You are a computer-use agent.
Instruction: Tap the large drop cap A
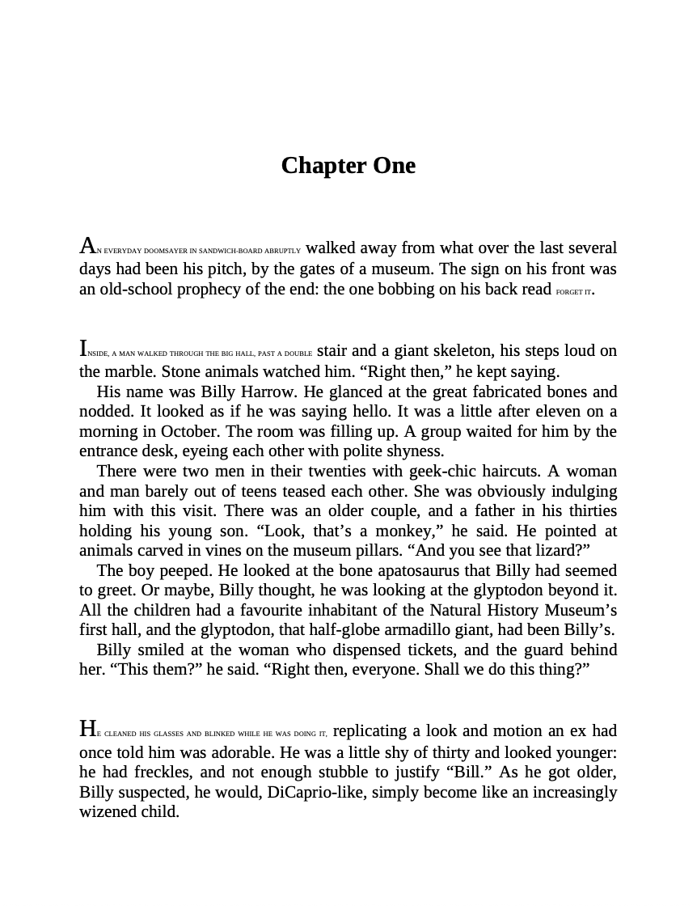pyautogui.click(x=87, y=246)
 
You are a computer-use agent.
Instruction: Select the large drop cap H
pyautogui.click(x=88, y=730)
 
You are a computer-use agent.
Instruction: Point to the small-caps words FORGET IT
pyautogui.click(x=574, y=292)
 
